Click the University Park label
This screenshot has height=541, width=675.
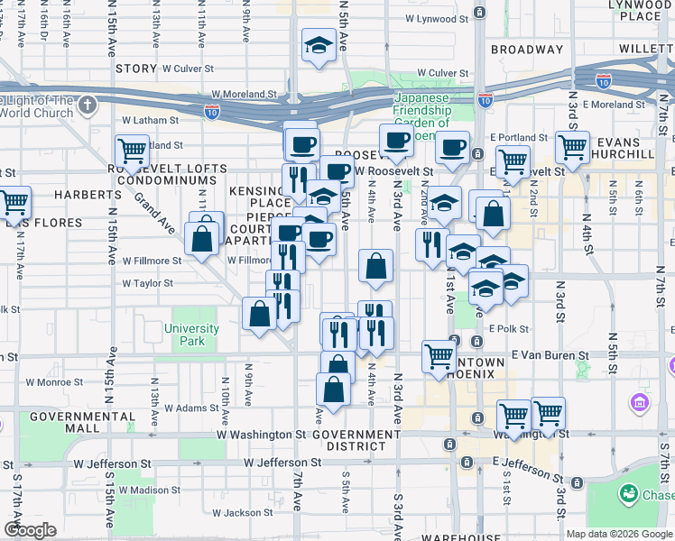click(x=191, y=335)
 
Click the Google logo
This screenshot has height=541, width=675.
click(x=31, y=529)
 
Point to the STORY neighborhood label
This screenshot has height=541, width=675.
click(x=136, y=68)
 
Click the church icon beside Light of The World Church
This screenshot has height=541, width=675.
click(x=88, y=106)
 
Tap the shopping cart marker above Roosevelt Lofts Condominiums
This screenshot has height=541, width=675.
click(x=132, y=150)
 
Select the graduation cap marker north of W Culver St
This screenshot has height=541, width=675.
click(x=319, y=45)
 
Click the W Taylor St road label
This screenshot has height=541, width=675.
click(x=147, y=283)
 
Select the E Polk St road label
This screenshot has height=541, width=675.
click(x=509, y=330)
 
